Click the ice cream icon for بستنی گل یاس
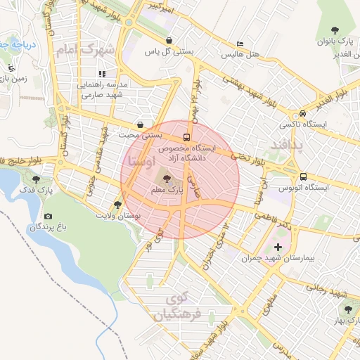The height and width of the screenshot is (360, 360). (x=170, y=40)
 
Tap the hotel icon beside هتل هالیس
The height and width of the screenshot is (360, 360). (x=241, y=43)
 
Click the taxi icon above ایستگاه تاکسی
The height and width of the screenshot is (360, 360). (x=302, y=113)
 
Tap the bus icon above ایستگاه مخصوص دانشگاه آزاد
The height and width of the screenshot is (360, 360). (x=186, y=137)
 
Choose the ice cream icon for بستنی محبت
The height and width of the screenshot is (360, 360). (x=141, y=124)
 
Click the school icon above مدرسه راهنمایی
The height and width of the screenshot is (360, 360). (x=103, y=73)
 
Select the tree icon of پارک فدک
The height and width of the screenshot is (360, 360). (x=37, y=179)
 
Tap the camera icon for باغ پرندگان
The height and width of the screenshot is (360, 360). (x=48, y=217)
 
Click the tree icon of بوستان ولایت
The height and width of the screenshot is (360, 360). (x=117, y=205)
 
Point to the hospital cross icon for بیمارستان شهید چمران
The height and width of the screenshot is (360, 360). (x=278, y=247)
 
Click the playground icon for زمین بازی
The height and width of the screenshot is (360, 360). (x=12, y=68)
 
